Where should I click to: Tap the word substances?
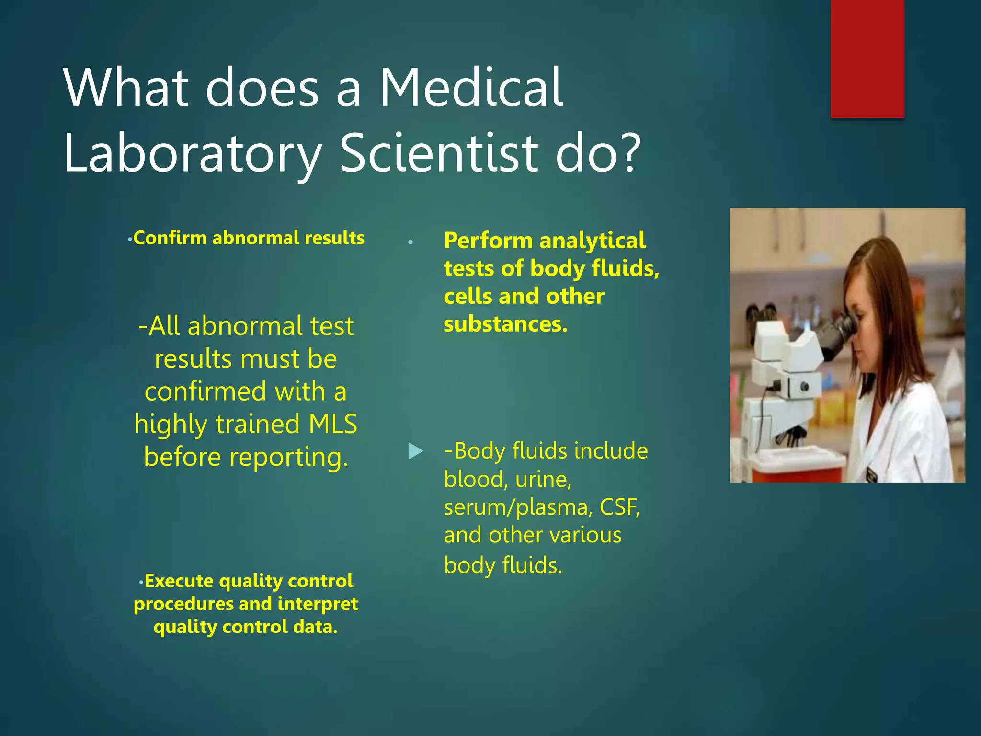tap(505, 324)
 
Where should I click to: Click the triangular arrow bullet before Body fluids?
tap(415, 451)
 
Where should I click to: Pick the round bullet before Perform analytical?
tap(411, 242)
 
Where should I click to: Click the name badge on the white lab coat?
tap(871, 474)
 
